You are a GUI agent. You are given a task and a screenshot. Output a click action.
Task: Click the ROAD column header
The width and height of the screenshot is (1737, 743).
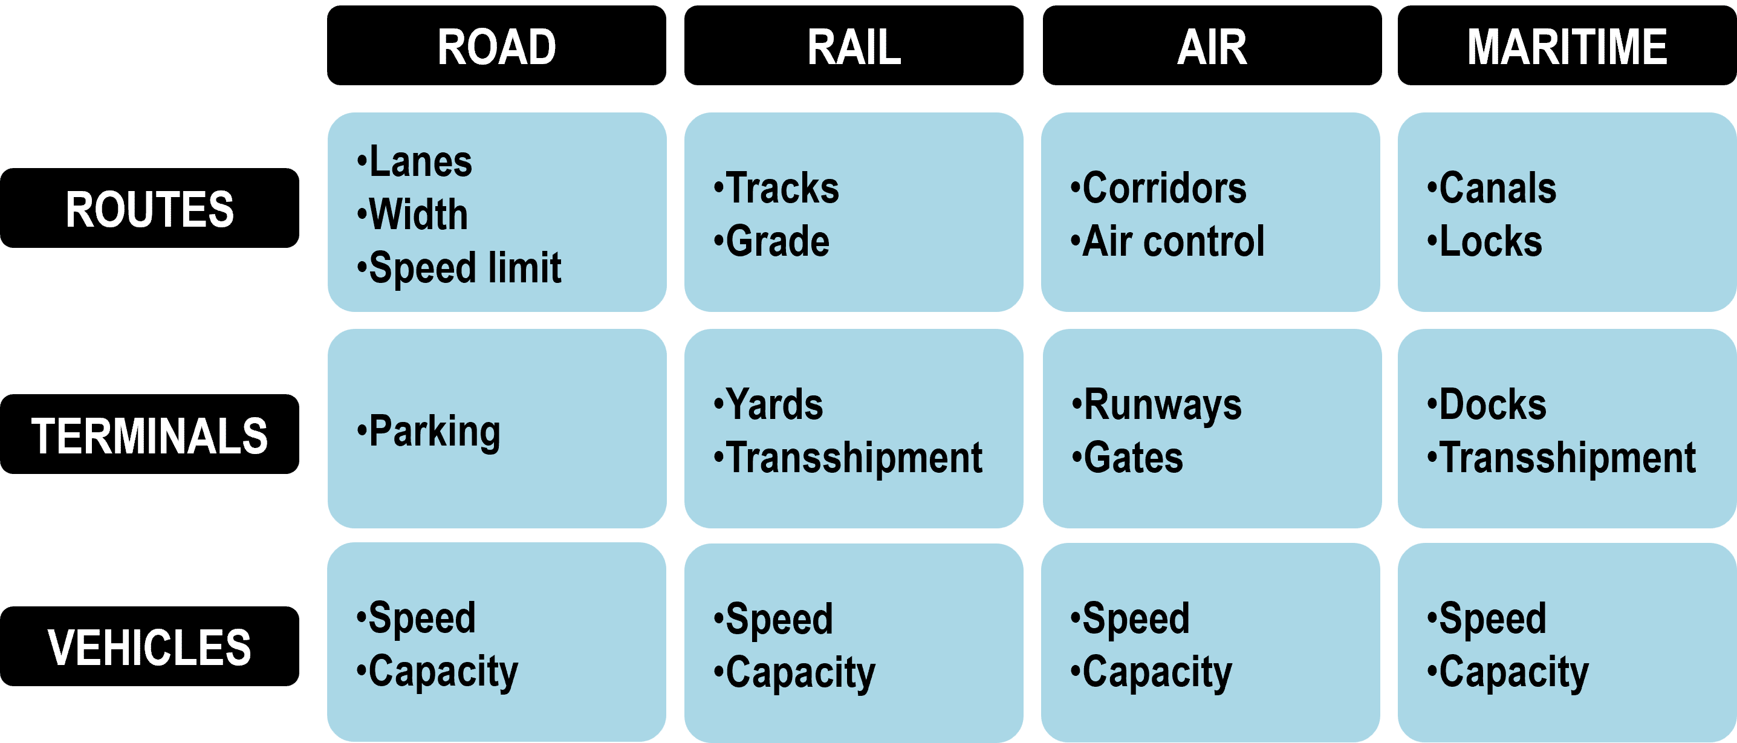496,46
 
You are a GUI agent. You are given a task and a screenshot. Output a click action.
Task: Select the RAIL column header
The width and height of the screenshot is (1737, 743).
854,46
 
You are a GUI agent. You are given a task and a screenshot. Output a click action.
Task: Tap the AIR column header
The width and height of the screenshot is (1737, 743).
1212,46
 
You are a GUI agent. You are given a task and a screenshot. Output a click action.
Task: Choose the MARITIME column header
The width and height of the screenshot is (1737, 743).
1567,46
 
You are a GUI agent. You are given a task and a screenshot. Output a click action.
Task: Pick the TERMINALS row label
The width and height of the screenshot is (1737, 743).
150,434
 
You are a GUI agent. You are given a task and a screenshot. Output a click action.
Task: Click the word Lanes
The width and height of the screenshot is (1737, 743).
421,162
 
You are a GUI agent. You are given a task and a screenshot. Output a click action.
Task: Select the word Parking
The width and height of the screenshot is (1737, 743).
435,432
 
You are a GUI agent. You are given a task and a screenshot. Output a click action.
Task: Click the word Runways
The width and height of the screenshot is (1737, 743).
1163,405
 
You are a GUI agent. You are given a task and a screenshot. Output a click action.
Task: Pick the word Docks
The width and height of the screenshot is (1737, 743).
1493,404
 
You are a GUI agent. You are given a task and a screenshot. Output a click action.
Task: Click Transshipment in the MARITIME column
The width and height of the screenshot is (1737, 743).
1567,458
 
